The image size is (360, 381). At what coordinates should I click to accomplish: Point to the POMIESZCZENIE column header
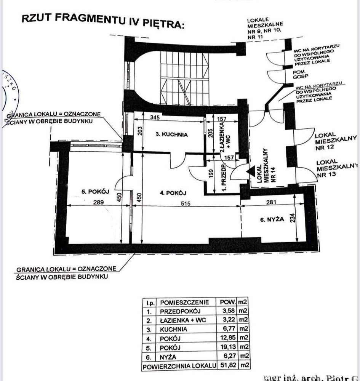click(x=185, y=302)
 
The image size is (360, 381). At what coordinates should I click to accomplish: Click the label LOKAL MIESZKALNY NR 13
click(x=336, y=168)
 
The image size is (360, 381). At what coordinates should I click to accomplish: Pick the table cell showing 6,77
click(x=227, y=329)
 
